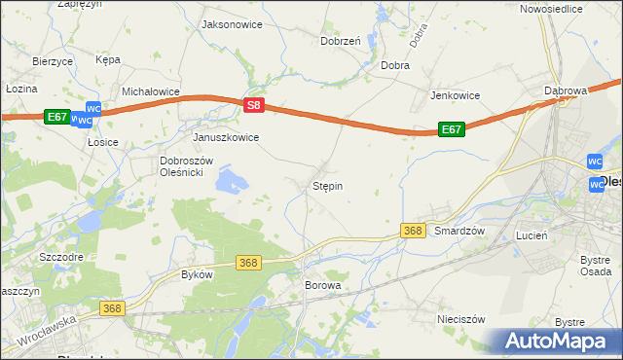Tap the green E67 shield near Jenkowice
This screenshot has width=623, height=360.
[451, 128]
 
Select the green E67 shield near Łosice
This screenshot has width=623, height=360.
[57, 117]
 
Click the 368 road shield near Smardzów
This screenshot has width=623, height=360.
[413, 231]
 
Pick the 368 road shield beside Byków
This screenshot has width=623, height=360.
[249, 263]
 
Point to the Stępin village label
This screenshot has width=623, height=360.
[327, 185]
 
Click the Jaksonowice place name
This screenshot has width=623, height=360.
[231, 24]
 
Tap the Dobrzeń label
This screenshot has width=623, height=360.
[341, 41]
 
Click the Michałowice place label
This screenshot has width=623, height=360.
[152, 91]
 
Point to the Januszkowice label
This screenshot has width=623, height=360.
[226, 137]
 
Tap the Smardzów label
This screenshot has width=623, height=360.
[459, 231]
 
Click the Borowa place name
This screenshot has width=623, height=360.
[323, 286]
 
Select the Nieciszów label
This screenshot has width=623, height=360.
[461, 318]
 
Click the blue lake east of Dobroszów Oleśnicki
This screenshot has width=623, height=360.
[232, 179]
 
